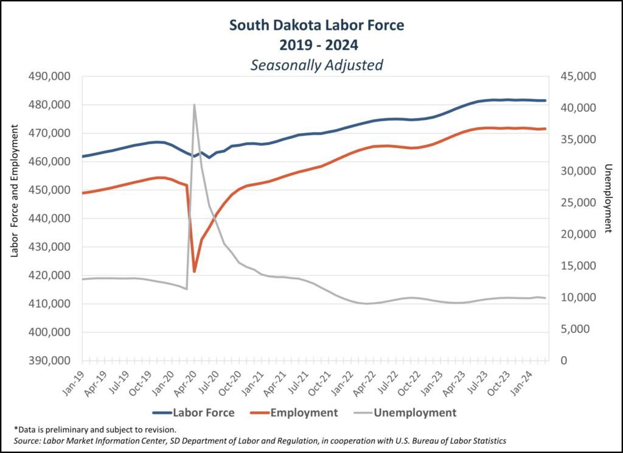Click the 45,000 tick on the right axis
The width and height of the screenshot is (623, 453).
pyautogui.click(x=576, y=77)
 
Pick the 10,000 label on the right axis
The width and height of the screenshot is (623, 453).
pyautogui.click(x=576, y=298)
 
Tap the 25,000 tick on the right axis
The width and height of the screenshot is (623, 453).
pyautogui.click(x=576, y=203)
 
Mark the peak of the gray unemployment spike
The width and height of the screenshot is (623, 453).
pyautogui.click(x=194, y=105)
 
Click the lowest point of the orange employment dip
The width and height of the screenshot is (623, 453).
pyautogui.click(x=194, y=272)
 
